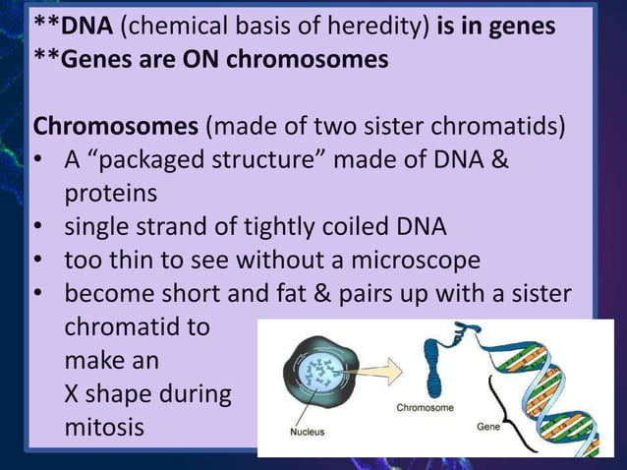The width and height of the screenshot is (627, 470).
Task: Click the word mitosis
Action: click(x=104, y=429)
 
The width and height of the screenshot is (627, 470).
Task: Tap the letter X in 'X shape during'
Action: click(x=75, y=395)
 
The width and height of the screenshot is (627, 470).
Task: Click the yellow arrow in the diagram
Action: click(x=378, y=368)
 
